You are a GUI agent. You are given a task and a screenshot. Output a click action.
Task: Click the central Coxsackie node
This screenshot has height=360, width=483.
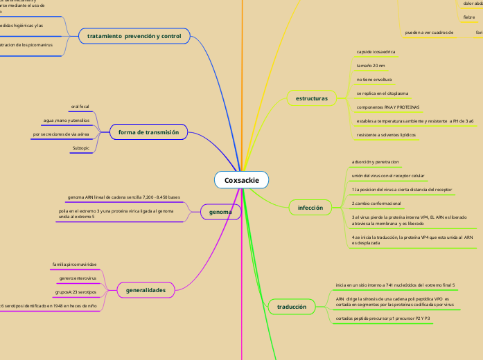click(241, 180)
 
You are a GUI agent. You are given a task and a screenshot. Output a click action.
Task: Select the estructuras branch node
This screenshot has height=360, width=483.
click(311, 99)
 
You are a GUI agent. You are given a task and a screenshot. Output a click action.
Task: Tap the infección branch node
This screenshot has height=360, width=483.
click(310, 208)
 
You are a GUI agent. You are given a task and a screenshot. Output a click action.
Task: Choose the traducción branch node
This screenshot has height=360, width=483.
click(291, 306)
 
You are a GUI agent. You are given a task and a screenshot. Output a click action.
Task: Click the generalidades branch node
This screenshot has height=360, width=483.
click(146, 290)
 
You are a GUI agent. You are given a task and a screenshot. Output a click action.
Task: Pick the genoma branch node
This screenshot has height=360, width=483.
click(220, 212)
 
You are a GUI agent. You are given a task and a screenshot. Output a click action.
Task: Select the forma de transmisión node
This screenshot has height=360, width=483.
click(148, 132)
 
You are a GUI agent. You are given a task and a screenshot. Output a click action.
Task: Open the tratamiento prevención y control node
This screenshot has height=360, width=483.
click(134, 35)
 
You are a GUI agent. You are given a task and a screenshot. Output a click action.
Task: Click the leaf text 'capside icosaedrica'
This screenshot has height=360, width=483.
click(374, 52)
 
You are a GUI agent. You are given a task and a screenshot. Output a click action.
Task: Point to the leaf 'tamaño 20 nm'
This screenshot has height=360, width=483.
click(370, 65)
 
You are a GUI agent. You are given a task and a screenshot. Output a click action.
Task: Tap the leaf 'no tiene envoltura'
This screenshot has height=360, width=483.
click(374, 80)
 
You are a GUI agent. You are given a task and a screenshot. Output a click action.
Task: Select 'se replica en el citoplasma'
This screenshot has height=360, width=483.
click(380, 93)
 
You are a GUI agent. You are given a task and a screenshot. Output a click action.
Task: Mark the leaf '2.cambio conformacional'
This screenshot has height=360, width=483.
click(377, 204)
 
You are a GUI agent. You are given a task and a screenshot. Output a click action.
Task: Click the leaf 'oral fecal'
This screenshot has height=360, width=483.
click(80, 107)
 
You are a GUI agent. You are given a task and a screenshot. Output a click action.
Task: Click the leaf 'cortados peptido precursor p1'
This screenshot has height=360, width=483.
click(383, 318)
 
